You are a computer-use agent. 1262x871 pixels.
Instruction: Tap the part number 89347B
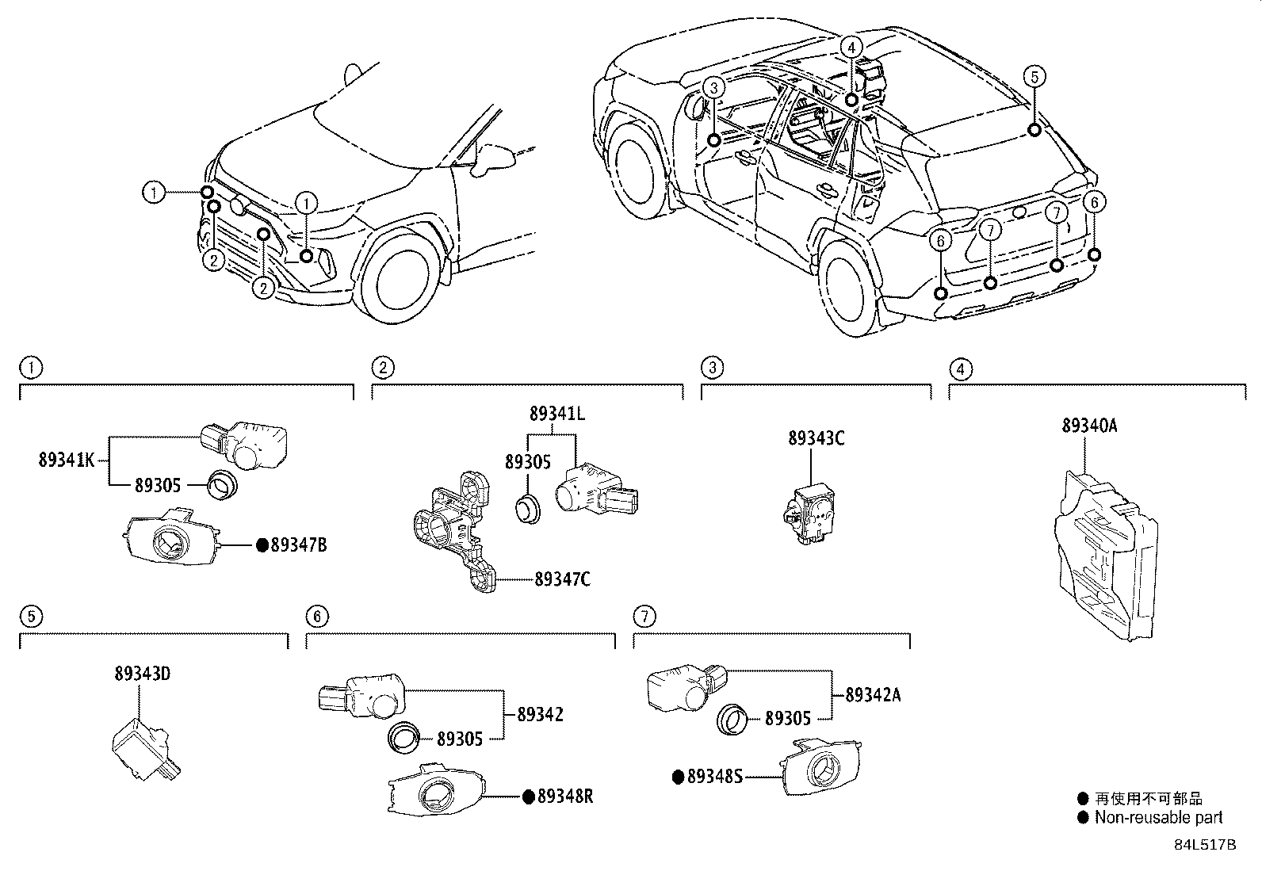[298, 545]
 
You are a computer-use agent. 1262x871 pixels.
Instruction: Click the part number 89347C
[562, 579]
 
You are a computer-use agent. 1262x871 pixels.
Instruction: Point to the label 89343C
[816, 438]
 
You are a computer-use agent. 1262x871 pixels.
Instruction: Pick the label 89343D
[142, 674]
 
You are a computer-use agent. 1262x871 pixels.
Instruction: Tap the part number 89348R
[564, 797]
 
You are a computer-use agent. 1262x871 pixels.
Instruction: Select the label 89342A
[873, 695]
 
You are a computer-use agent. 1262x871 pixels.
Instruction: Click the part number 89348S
[714, 777]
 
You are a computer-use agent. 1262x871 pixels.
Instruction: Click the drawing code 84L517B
[1205, 845]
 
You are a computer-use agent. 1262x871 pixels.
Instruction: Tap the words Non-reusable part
[1158, 818]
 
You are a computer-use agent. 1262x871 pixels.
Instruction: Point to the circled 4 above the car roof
[851, 48]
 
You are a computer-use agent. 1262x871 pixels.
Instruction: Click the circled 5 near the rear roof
[1034, 77]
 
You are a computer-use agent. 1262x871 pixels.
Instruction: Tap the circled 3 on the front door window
[713, 87]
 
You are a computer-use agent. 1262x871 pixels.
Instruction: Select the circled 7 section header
[644, 616]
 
